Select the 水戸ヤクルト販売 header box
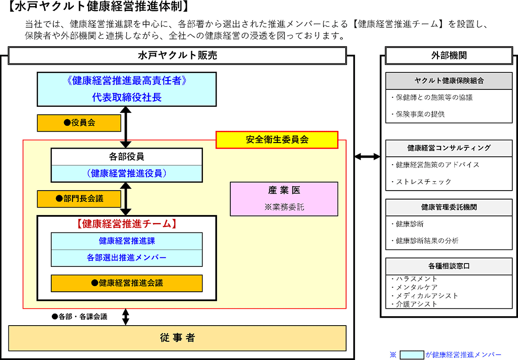click(177, 56)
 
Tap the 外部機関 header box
click(449, 56)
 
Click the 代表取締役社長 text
click(127, 97)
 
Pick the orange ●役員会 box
click(79, 123)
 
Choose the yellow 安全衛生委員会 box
click(277, 140)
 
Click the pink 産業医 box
click(284, 199)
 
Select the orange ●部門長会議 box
click(79, 199)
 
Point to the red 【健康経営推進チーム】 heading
click(126, 224)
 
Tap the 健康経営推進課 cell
click(127, 241)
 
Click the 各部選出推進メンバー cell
click(127, 257)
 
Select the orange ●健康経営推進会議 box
click(127, 283)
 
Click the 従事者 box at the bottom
click(177, 338)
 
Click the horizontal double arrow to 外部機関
click(367, 156)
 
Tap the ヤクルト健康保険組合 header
click(449, 80)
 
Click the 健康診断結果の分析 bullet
click(427, 241)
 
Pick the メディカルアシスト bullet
click(427, 296)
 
